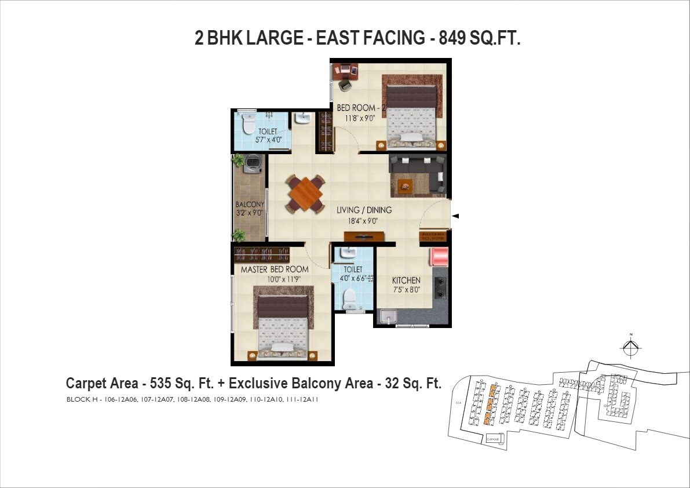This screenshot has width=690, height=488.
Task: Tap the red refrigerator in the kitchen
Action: (x=439, y=257)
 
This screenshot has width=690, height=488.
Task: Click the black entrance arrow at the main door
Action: (x=455, y=216)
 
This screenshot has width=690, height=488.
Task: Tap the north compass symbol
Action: (x=631, y=347)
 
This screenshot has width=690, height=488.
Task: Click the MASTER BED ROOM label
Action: (x=275, y=270)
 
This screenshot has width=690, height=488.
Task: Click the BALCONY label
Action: (x=250, y=205)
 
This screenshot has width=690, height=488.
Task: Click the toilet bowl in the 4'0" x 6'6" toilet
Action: (x=349, y=298)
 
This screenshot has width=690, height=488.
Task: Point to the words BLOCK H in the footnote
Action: (x=83, y=399)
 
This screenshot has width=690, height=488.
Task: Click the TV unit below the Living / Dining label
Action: (x=364, y=236)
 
